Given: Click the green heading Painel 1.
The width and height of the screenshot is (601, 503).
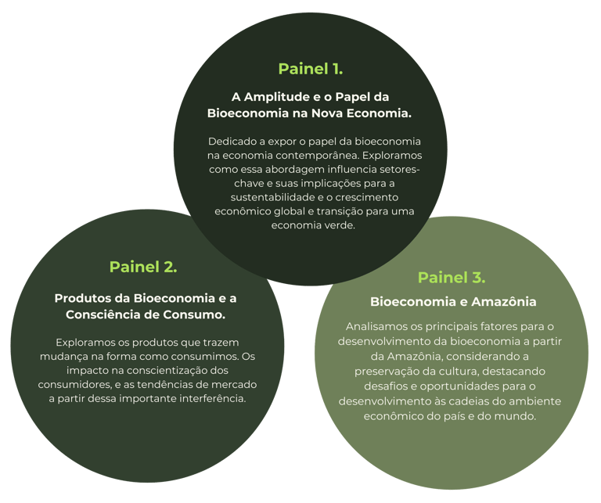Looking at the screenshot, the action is click(310, 68).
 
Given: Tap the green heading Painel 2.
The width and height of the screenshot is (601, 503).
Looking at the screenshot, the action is click(143, 266).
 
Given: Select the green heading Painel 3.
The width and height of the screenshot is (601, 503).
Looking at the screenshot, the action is click(452, 277).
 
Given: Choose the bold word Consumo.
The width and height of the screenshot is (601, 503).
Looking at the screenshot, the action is click(198, 314).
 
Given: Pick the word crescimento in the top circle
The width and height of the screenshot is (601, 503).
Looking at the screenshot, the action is click(366, 197).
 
